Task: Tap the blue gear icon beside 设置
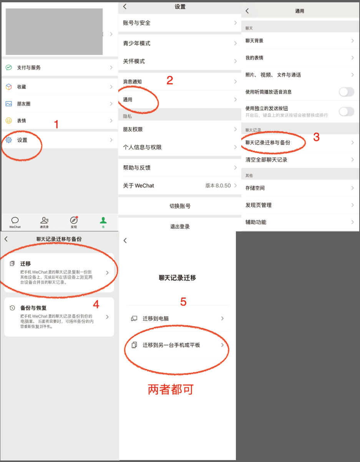(x=9, y=140)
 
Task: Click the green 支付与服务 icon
(x=9, y=67)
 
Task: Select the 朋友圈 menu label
(x=24, y=104)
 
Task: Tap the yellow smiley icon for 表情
(x=9, y=121)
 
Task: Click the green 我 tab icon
(x=103, y=220)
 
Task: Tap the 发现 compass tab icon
(x=74, y=220)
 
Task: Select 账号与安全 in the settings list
(x=137, y=23)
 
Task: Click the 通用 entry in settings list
(x=128, y=100)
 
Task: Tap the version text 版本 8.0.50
(x=218, y=186)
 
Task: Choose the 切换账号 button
(x=180, y=206)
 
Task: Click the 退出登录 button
(x=180, y=226)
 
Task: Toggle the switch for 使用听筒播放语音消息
(x=347, y=92)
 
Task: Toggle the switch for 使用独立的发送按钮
(x=347, y=111)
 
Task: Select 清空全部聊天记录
(x=266, y=160)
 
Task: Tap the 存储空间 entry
(x=255, y=188)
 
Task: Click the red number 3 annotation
(x=317, y=137)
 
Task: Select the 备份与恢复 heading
(x=33, y=308)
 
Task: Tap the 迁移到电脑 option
(x=156, y=319)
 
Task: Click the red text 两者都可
(x=171, y=389)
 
